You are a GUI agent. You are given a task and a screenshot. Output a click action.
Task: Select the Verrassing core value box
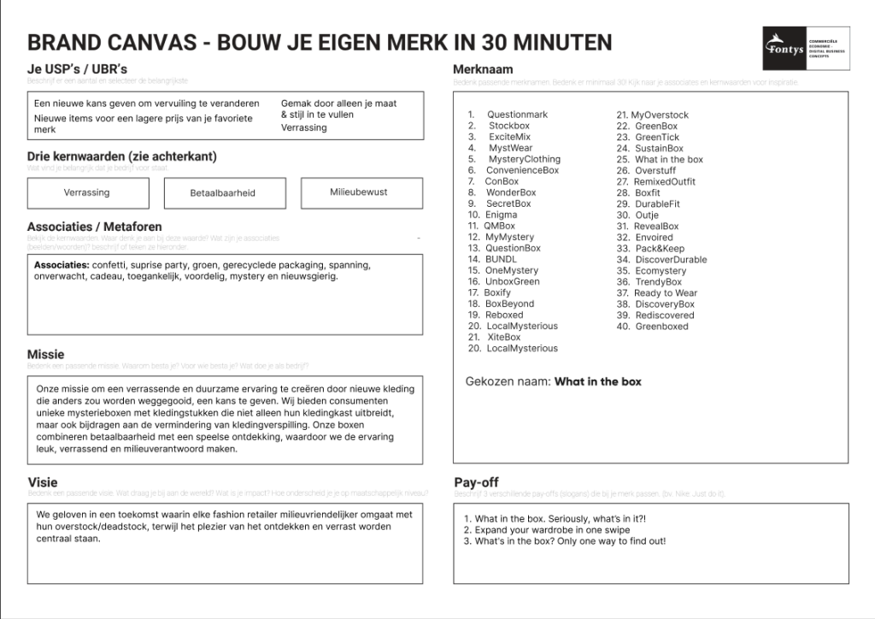coord(86,193)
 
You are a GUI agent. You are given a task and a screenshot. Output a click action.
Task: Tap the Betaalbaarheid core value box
coord(222,193)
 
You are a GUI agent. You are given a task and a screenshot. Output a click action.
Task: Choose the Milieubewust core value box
coord(359,192)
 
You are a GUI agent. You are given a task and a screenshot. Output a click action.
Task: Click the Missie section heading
coord(45,354)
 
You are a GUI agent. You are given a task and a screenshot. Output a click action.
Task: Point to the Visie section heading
coord(42,483)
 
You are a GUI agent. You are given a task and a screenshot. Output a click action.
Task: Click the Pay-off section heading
coord(476,482)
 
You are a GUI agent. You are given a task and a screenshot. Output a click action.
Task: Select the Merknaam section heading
coord(483,69)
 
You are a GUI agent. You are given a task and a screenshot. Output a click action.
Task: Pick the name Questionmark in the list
coord(517,115)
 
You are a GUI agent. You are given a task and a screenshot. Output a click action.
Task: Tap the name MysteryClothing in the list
coord(524,159)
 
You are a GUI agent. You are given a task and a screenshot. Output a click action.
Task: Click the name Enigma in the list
coord(501,215)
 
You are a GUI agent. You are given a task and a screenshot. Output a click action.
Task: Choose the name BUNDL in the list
coord(501,259)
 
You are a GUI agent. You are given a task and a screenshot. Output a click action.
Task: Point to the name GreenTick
coord(657,137)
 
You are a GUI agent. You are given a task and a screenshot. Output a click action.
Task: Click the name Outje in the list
coord(647,215)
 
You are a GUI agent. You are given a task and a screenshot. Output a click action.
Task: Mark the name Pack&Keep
coord(660,249)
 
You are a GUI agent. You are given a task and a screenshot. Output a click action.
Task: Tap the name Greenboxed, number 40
coord(661,327)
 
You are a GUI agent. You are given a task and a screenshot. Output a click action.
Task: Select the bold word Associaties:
coord(62,265)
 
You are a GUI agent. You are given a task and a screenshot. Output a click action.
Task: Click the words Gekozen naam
coord(507,381)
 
